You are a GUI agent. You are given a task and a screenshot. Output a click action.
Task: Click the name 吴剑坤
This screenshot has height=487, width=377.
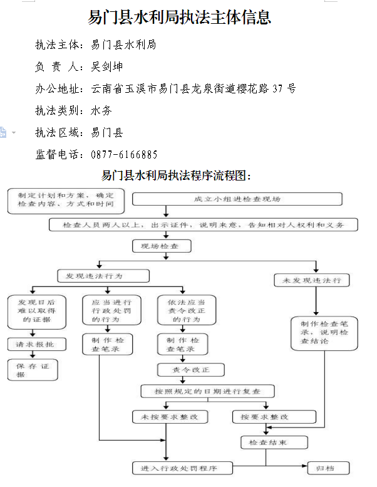click(x=107, y=66)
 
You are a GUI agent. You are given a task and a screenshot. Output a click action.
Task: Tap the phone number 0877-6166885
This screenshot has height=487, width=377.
click(x=124, y=154)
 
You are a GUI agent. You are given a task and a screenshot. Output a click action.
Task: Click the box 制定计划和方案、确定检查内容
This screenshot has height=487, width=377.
click(x=66, y=200)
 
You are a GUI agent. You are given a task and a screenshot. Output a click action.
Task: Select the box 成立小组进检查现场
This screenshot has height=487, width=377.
click(x=237, y=199)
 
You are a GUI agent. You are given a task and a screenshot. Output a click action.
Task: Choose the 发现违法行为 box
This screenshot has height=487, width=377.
click(x=103, y=276)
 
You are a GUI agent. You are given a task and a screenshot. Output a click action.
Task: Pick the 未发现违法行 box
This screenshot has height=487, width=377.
click(x=312, y=280)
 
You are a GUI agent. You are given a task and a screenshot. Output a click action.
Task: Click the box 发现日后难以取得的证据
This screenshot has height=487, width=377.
click(x=37, y=312)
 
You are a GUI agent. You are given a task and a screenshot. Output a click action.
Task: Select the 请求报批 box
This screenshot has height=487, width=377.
click(x=36, y=344)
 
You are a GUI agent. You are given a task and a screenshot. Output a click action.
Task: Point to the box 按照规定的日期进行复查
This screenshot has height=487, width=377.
click(x=207, y=391)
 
